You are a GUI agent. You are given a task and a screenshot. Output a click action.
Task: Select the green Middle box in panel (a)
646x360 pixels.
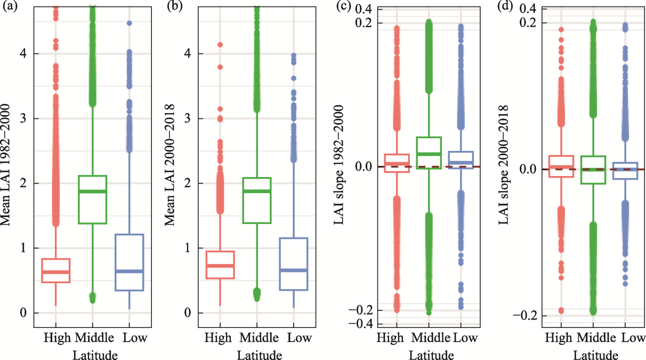(x=93, y=199)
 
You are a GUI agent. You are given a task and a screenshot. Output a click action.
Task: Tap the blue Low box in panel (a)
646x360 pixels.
(x=129, y=262)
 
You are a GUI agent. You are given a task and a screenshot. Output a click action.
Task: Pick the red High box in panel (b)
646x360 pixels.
(x=220, y=265)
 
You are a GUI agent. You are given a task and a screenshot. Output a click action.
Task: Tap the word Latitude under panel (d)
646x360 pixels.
(x=596, y=354)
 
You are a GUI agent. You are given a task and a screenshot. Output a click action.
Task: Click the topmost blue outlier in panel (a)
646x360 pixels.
(x=129, y=23)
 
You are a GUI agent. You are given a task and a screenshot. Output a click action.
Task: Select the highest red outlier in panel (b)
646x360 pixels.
(x=220, y=45)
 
